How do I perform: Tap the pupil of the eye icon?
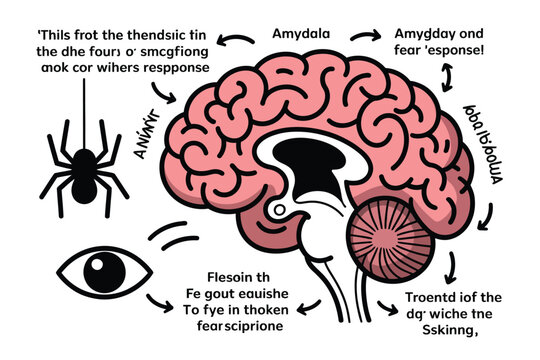coord(99,270)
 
